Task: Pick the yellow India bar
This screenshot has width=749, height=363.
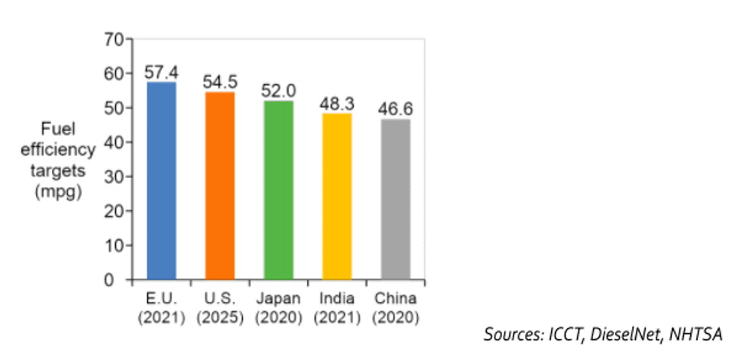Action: click(x=337, y=196)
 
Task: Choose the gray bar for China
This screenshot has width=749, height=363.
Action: click(x=395, y=199)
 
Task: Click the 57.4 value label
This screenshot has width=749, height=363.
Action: click(x=161, y=73)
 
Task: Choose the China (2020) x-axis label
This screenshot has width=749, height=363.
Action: click(x=395, y=306)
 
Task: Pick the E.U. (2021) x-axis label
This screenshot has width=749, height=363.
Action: click(x=161, y=306)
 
